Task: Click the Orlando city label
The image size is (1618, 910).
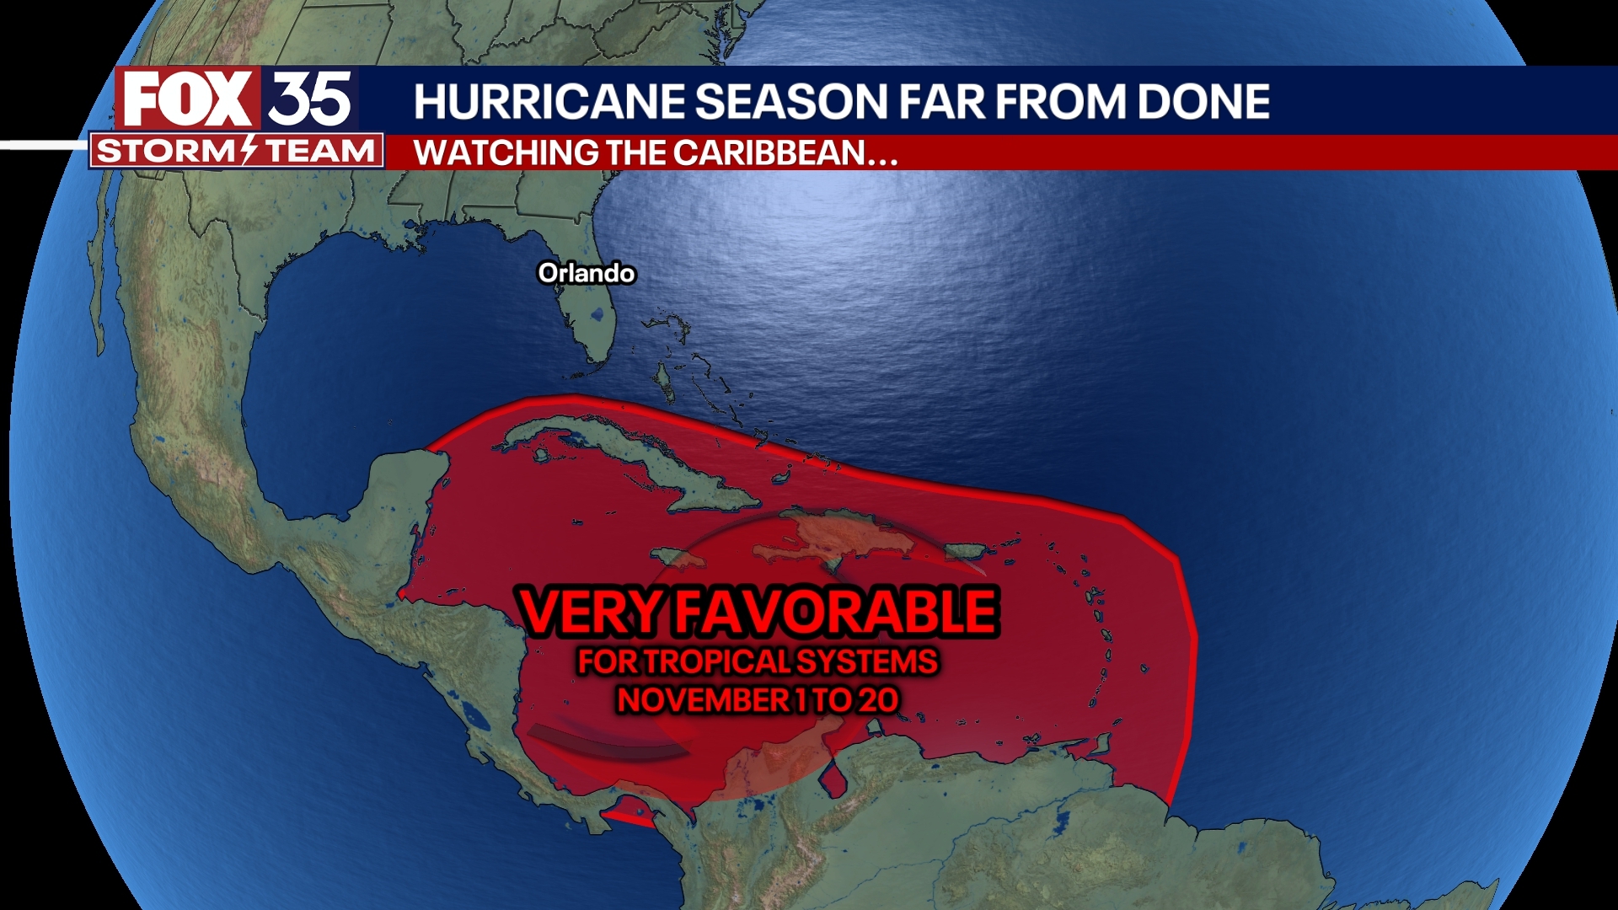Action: pyautogui.click(x=587, y=273)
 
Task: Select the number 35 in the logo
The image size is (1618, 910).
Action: pyautogui.click(x=310, y=99)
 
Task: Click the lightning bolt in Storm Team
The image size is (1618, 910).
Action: pyautogui.click(x=249, y=151)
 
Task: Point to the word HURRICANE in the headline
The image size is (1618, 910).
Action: pyautogui.click(x=549, y=102)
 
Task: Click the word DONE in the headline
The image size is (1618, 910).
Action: pyautogui.click(x=1203, y=102)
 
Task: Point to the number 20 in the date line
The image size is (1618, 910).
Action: pyautogui.click(x=878, y=700)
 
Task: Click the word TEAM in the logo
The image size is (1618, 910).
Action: pyautogui.click(x=320, y=151)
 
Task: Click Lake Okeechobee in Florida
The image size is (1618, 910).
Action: pyautogui.click(x=598, y=315)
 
